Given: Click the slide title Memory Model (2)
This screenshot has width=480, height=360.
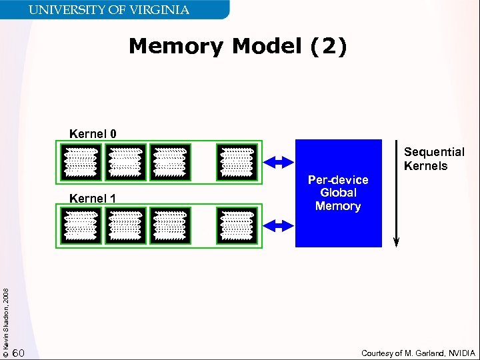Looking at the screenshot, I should pos(238,47).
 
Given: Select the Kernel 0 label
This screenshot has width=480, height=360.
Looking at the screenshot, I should pos(93,133).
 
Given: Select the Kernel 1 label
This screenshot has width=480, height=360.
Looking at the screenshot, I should pos(93,198).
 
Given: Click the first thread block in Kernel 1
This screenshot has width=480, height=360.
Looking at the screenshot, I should pos(81,225).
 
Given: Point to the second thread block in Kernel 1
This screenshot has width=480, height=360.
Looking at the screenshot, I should pos(125,225).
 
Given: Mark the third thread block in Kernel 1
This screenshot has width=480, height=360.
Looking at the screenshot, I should pos(170,225).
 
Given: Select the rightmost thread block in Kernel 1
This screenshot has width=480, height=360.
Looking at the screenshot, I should pos(237,225).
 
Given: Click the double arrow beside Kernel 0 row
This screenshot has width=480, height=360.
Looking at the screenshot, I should pos(279,161).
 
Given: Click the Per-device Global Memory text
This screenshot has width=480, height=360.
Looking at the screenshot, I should pos(338,193).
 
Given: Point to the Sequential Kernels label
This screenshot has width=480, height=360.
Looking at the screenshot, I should pos(434,159).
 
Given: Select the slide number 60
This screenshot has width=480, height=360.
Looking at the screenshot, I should pos(19,352).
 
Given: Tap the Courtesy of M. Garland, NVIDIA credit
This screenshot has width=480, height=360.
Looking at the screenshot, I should pos(418,353).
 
